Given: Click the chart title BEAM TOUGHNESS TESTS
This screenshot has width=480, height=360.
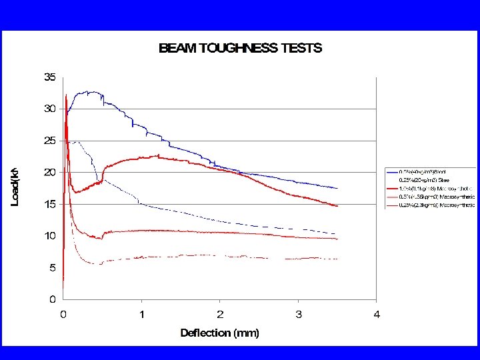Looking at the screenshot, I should point(240,48).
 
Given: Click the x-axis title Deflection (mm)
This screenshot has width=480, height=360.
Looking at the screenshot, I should point(219,333).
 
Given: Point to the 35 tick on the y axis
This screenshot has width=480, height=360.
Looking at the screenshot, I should point(50,77).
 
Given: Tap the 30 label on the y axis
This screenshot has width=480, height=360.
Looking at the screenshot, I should point(50,109).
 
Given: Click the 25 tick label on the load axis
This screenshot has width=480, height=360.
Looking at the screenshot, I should point(50,141).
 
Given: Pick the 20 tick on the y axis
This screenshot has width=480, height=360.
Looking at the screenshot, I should point(50,172).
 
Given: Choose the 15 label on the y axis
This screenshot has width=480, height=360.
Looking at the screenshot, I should point(50,204).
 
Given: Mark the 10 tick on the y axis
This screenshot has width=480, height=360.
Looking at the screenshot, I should point(50,235).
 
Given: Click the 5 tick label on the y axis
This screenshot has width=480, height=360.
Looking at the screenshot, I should point(53,267).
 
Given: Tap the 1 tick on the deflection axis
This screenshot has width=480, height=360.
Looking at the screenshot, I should point(141,314).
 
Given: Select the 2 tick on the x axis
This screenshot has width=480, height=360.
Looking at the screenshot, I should point(220,314).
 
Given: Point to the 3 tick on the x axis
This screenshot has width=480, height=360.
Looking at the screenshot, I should point(298,314).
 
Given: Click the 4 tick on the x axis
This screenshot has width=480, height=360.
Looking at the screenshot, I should point(377,314).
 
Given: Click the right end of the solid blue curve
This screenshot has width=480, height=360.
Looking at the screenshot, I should point(337,189).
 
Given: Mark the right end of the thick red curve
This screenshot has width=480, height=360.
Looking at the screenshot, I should point(337,206).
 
